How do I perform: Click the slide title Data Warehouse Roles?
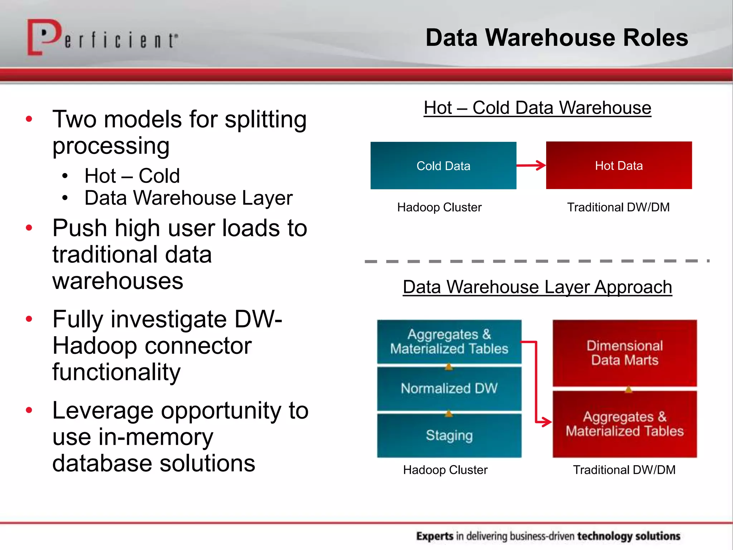click(x=557, y=38)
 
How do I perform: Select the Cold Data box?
click(x=443, y=165)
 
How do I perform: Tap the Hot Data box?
click(x=618, y=165)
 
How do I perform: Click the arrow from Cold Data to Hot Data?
click(x=531, y=165)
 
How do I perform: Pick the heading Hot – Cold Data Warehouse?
click(x=537, y=108)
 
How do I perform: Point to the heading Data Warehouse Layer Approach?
click(x=537, y=287)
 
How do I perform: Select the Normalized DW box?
click(x=449, y=389)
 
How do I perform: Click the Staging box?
click(x=449, y=435)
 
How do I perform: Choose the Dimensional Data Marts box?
click(x=625, y=353)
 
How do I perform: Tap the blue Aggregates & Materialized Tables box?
click(x=449, y=341)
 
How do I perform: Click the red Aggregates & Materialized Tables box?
click(x=625, y=424)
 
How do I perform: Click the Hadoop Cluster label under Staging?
click(x=445, y=470)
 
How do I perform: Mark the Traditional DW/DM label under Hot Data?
click(x=618, y=207)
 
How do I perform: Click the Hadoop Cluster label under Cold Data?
click(x=439, y=207)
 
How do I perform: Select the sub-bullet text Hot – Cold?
click(x=132, y=176)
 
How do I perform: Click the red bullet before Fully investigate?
click(x=29, y=319)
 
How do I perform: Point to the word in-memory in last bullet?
click(x=156, y=437)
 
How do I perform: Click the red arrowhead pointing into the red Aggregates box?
click(x=545, y=421)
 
